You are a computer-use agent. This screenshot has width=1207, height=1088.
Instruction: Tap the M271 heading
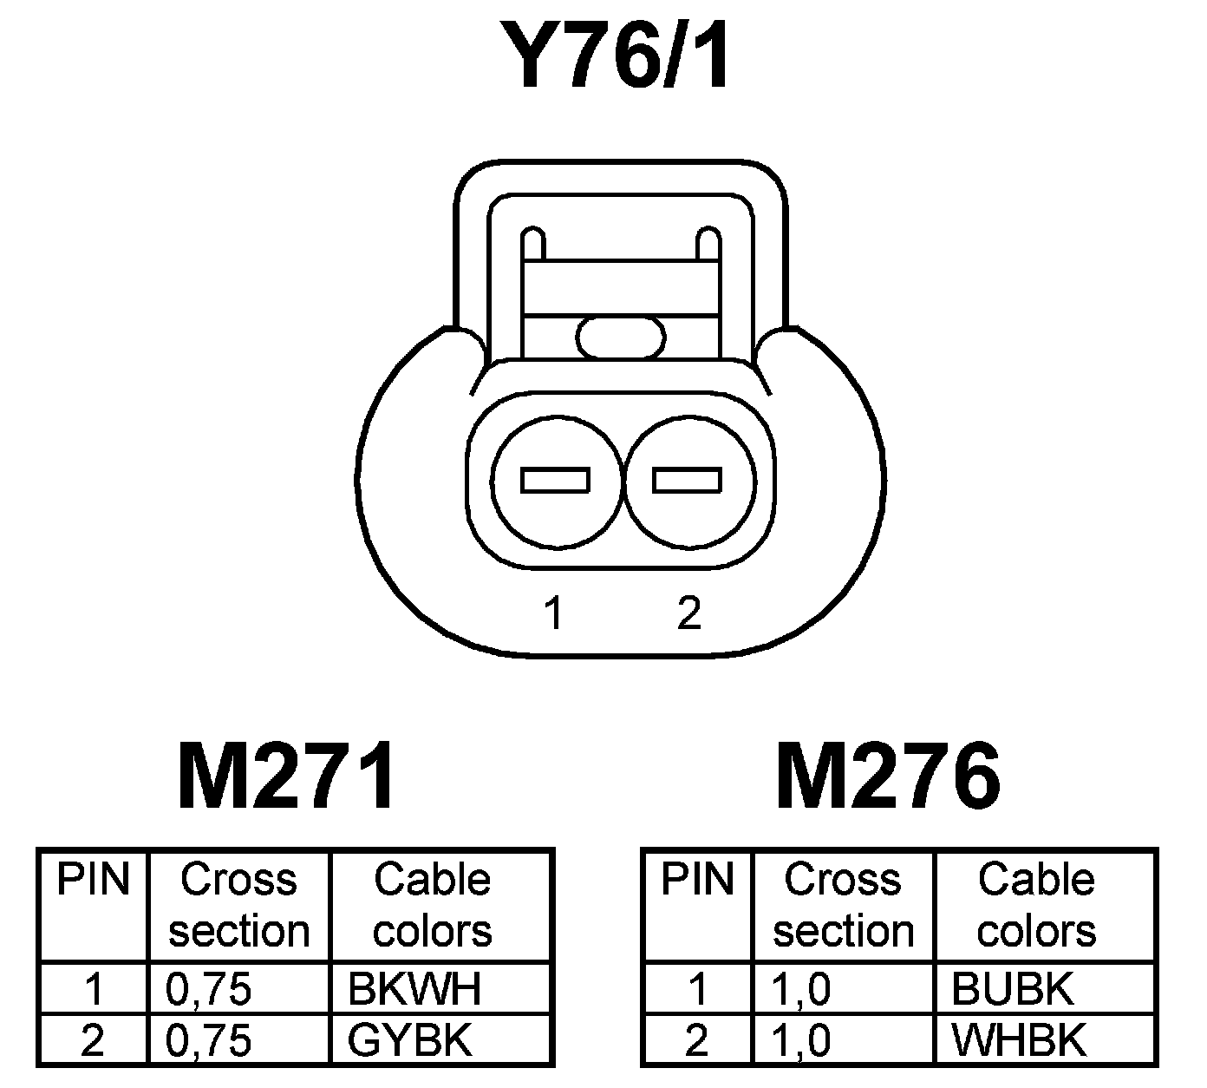point(287,775)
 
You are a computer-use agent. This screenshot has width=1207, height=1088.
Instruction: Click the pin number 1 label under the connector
point(553,613)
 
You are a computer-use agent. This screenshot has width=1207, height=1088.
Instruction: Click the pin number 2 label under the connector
point(688,613)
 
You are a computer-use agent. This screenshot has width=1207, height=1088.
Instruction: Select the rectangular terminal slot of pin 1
point(556,480)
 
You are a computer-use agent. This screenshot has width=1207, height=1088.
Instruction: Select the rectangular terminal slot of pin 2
point(687,480)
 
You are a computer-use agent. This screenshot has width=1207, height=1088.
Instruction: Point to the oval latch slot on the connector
point(621,337)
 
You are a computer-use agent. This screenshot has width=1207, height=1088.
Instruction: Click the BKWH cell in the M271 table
point(414,988)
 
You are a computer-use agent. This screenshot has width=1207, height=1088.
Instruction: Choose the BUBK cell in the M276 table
point(1012,988)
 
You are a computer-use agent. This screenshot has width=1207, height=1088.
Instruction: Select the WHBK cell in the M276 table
point(1018,1039)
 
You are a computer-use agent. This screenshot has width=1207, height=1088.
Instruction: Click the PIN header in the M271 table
point(93,880)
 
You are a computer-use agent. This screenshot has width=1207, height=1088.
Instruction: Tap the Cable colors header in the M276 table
point(1036,905)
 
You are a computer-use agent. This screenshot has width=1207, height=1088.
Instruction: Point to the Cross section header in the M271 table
point(239,905)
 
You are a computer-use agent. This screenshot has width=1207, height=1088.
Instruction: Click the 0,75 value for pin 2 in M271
point(208,1039)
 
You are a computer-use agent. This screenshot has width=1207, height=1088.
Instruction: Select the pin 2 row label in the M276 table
point(697,1039)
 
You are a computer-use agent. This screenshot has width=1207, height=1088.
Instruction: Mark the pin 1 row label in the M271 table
point(93,988)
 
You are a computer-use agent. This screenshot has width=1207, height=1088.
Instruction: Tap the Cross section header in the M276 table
point(843,905)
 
